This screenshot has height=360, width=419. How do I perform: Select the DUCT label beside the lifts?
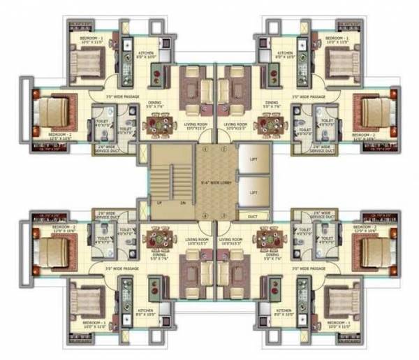click(x=253, y=217)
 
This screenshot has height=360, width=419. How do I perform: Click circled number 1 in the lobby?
click(x=205, y=149)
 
